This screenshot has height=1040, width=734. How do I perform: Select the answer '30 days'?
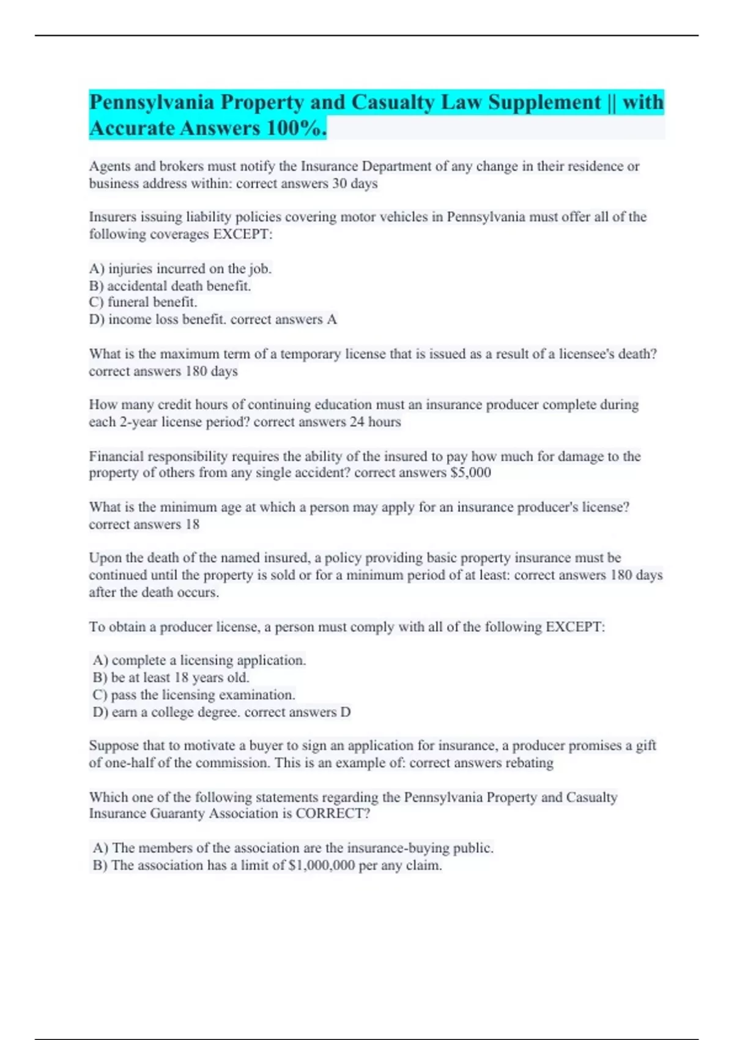pos(355,184)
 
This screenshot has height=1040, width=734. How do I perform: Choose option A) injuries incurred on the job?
pos(180,269)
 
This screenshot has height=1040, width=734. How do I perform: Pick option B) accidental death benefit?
pos(170,286)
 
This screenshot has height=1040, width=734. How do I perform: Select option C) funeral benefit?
pos(143,302)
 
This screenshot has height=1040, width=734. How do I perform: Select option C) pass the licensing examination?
pos(194,695)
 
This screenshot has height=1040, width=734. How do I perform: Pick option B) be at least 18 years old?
pos(171,678)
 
